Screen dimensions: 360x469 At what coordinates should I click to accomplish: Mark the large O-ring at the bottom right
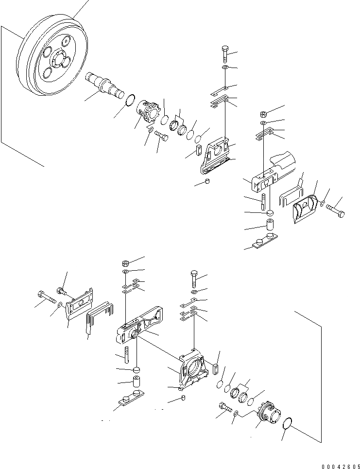click(x=289, y=423)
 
